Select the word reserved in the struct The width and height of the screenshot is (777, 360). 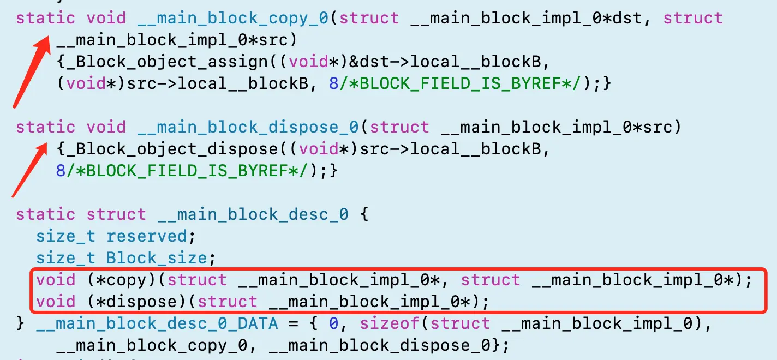(x=146, y=236)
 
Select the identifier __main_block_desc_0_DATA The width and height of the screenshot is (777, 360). (x=157, y=323)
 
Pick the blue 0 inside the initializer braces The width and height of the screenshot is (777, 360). (x=333, y=323)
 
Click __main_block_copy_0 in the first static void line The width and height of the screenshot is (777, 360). (x=231, y=18)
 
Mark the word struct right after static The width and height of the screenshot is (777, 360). (x=116, y=214)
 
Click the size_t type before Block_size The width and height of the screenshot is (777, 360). (x=65, y=258)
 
